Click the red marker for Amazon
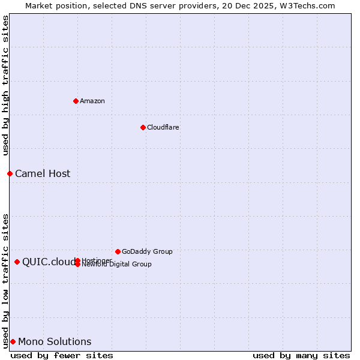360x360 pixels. click(76, 101)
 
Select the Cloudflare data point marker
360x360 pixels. click(143, 127)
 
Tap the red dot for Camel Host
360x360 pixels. click(10, 173)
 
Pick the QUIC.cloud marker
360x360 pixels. click(17, 262)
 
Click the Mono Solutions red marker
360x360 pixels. click(13, 341)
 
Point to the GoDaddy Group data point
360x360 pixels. click(118, 251)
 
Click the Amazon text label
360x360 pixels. click(92, 101)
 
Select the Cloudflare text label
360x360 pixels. click(163, 127)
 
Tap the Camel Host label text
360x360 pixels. click(43, 173)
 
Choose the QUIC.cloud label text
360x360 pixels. click(49, 262)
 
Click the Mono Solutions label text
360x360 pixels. click(55, 341)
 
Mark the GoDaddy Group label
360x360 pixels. click(147, 251)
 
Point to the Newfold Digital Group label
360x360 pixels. click(117, 265)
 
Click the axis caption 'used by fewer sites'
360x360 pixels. click(62, 355)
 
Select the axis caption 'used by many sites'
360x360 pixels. click(301, 355)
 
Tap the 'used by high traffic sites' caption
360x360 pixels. click(5, 85)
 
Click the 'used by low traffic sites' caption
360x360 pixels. click(5, 280)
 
